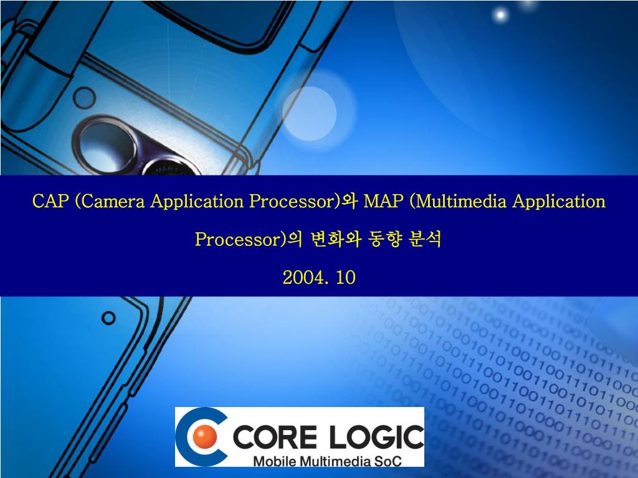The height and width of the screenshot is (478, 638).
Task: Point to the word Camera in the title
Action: click(113, 201)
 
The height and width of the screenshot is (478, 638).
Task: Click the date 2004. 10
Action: click(319, 278)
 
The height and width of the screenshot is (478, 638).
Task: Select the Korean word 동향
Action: click(384, 239)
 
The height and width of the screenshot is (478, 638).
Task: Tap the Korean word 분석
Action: click(424, 239)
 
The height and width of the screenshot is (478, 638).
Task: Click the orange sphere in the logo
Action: click(204, 436)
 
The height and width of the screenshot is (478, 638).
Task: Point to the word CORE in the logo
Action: click(274, 436)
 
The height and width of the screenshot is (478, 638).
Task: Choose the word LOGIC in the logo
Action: click(376, 436)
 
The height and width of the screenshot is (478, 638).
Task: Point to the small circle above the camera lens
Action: click(84, 98)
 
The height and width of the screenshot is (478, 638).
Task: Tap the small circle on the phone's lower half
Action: click(108, 318)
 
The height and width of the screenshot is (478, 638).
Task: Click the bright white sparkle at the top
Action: click(500, 16)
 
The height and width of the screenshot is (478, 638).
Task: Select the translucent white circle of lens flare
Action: click(310, 113)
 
